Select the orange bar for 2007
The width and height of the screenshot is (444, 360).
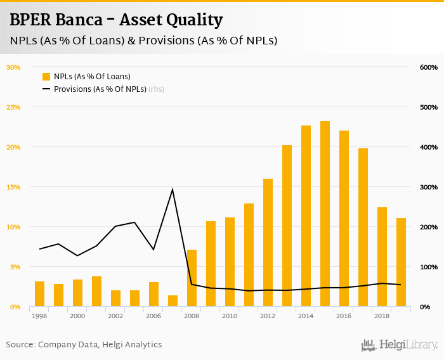click(x=173, y=301)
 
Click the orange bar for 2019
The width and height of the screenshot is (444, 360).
click(x=401, y=262)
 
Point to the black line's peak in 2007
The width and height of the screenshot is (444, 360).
click(x=173, y=190)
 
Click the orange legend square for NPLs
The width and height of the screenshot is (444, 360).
click(x=46, y=76)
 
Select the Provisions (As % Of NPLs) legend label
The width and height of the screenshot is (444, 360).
click(x=100, y=89)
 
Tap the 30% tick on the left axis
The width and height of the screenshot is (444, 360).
click(x=13, y=67)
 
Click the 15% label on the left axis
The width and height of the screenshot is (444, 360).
click(x=13, y=187)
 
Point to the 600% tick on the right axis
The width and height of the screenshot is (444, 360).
click(x=429, y=67)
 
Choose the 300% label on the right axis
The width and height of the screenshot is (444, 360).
click(x=429, y=187)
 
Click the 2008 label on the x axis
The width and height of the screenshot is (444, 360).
click(x=192, y=316)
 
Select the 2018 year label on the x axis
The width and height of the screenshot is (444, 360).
click(x=382, y=316)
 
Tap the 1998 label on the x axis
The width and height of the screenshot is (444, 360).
click(x=39, y=316)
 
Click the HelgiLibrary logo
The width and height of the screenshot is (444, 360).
click(x=400, y=345)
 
